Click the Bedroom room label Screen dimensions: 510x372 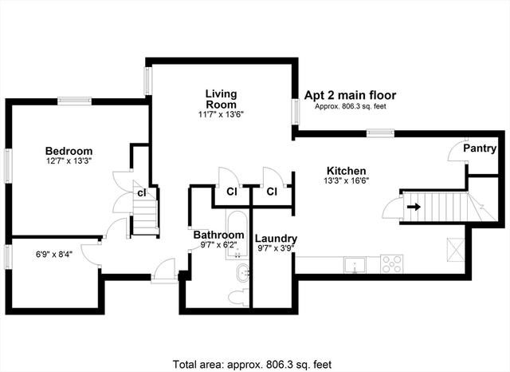coord(69,151)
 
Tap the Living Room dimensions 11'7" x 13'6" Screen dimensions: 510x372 coord(221,114)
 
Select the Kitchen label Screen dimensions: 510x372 coord(346,171)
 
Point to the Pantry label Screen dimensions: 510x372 coord(480,148)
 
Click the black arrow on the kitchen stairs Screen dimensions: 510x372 coord(414,207)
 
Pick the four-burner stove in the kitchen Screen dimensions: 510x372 coord(392,264)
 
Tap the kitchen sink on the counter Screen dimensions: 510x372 coord(355,265)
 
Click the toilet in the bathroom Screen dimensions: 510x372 coord(238,297)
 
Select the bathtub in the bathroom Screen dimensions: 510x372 coord(237,235)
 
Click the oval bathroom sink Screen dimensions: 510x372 coord(243,273)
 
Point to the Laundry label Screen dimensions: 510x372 coord(276,239)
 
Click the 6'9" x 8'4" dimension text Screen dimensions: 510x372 coord(54,254)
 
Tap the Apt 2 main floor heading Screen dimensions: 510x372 coord(350,95)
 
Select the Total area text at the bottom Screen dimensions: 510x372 coord(252,364)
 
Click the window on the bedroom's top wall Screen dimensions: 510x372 coord(74,101)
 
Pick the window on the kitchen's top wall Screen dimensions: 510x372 coord(381,133)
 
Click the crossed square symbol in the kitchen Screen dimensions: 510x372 coord(455,250)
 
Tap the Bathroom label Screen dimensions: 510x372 coord(218,235)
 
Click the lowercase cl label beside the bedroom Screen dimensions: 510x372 coord(142,193)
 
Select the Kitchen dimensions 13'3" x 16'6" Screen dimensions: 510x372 coord(346,180)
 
